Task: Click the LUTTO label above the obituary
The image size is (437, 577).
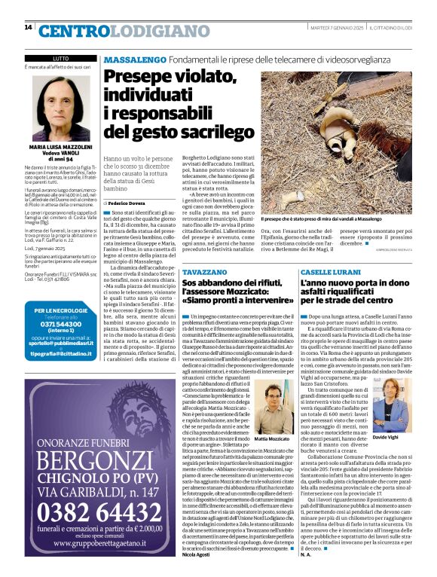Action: (61, 58)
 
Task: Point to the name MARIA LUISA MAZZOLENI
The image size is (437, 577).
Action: (61, 148)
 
